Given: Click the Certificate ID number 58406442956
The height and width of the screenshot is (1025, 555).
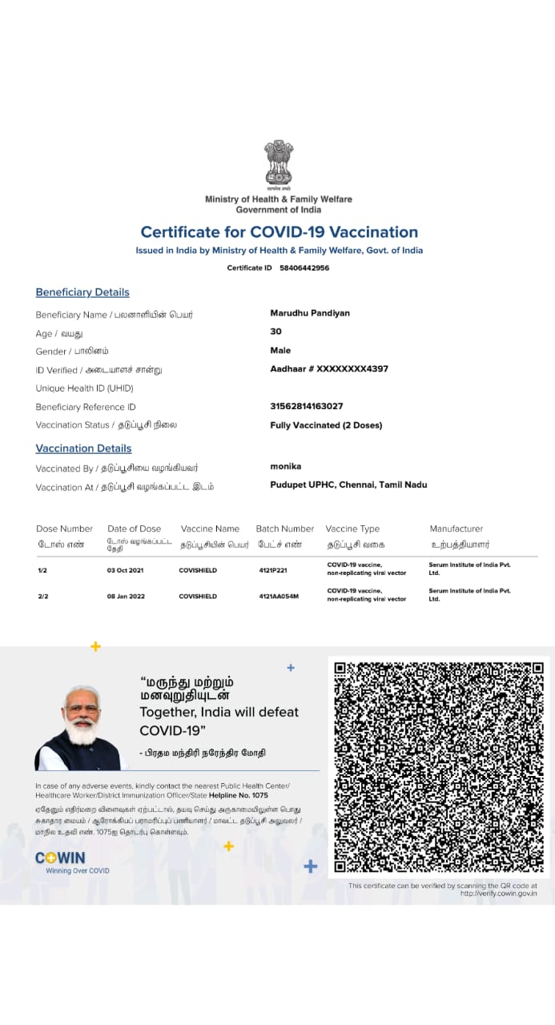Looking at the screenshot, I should pyautogui.click(x=304, y=268).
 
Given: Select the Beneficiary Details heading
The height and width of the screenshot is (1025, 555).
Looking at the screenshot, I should pyautogui.click(x=82, y=292).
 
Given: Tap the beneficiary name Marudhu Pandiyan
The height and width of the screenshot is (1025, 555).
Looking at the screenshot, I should pyautogui.click(x=310, y=312).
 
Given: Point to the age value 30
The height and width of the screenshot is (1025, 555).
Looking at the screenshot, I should pyautogui.click(x=276, y=332).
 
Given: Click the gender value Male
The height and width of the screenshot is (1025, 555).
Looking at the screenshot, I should pyautogui.click(x=280, y=350).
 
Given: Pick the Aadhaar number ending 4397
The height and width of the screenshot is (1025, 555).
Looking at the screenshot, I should pyautogui.click(x=329, y=369).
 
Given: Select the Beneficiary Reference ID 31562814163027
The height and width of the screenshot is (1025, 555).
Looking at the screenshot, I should pyautogui.click(x=307, y=406).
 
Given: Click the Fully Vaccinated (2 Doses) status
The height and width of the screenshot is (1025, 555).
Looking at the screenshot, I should pyautogui.click(x=326, y=425).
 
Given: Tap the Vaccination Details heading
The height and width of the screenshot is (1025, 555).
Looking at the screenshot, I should pyautogui.click(x=83, y=448).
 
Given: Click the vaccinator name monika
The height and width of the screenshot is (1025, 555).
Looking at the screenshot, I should pyautogui.click(x=286, y=466).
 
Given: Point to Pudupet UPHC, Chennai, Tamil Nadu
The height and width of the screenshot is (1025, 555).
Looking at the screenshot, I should pyautogui.click(x=348, y=484).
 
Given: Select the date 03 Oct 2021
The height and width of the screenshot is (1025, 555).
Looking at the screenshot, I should pyautogui.click(x=126, y=570).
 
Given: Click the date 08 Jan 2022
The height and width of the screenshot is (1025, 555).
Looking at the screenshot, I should pyautogui.click(x=126, y=597).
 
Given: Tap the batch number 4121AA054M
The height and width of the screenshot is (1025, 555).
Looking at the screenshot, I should pyautogui.click(x=279, y=597).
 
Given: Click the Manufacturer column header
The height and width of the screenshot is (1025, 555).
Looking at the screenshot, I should pyautogui.click(x=456, y=529).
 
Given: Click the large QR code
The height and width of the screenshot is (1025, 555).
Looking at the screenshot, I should pyautogui.click(x=439, y=767).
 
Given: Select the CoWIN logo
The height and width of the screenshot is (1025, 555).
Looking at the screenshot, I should pyautogui.click(x=61, y=858).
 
